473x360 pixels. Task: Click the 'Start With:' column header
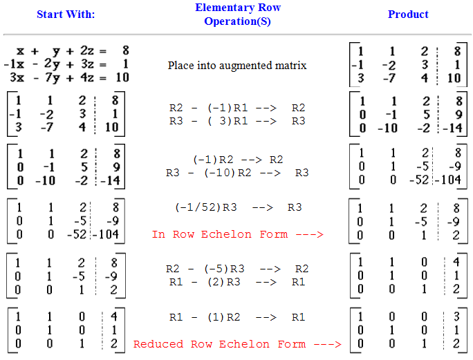(x=66, y=14)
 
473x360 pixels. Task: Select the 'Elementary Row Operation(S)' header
(x=237, y=15)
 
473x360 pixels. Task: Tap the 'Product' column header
(x=408, y=14)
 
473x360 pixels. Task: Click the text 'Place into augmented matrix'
(x=237, y=66)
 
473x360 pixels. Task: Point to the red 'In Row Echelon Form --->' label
(x=237, y=234)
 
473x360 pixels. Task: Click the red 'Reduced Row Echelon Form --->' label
(x=237, y=343)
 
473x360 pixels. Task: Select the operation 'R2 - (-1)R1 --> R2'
(x=237, y=108)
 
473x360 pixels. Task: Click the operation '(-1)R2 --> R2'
(x=237, y=159)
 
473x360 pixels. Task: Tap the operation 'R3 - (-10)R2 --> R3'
(x=237, y=173)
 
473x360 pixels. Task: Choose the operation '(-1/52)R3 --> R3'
(x=237, y=207)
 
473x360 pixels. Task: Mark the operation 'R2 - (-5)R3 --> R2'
(x=237, y=269)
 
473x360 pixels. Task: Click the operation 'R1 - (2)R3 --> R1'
(x=237, y=281)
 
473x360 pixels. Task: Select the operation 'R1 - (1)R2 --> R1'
(x=237, y=317)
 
